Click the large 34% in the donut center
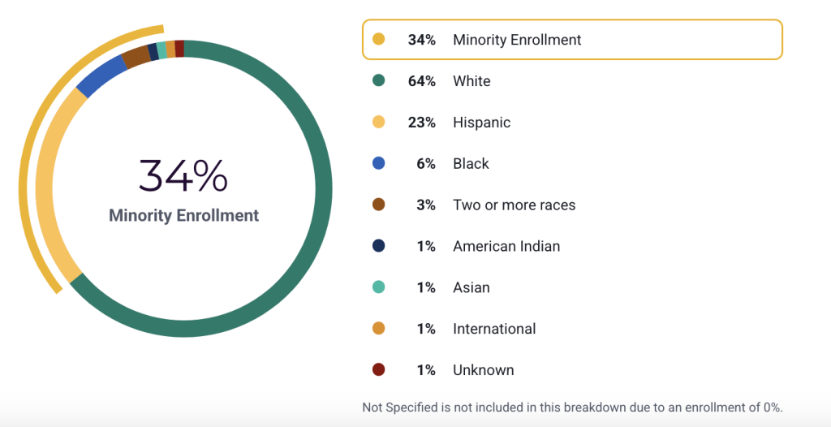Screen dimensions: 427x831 (183, 175)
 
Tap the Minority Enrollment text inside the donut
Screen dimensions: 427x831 (183, 215)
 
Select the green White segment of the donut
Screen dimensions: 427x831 (321, 195)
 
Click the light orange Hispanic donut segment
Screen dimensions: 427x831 (49, 187)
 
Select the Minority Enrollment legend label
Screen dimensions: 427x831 (517, 40)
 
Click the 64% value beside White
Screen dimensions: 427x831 (421, 81)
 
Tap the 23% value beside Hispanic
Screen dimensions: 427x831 (421, 123)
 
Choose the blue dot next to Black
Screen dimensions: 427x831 (378, 164)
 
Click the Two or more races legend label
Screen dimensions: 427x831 (514, 205)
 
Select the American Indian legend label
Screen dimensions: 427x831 (506, 246)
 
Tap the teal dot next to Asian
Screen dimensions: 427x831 (378, 287)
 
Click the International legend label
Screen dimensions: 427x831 (494, 329)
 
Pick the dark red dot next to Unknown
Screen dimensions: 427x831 (378, 370)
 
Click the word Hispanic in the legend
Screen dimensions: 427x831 (481, 123)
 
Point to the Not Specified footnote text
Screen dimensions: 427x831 (572, 407)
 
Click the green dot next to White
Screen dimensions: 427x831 (378, 81)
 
